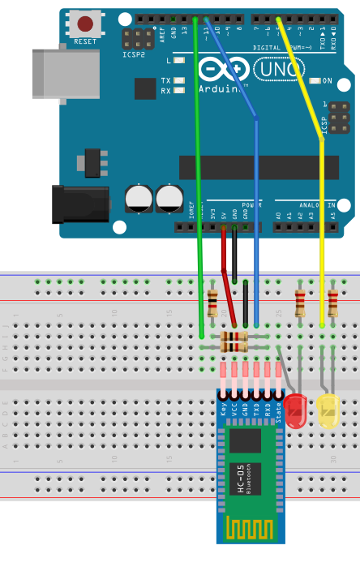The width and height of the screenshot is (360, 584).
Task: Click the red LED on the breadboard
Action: (x=296, y=410)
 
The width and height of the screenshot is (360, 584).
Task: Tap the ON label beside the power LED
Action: (x=328, y=81)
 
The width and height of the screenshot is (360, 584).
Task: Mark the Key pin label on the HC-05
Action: (x=223, y=410)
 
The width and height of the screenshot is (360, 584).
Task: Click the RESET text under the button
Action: (x=84, y=41)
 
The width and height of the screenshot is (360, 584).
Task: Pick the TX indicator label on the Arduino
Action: (x=165, y=80)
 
